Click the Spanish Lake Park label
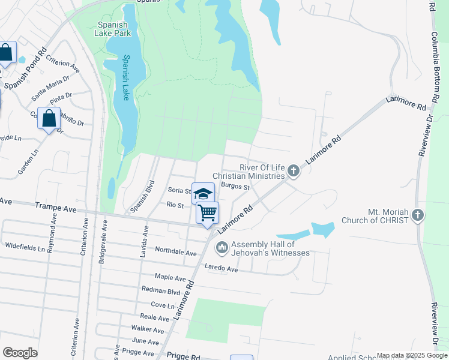click(113, 29)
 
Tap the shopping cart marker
click(207, 213)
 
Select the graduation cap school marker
click(203, 193)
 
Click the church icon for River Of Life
click(293, 172)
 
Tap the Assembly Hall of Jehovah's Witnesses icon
click(221, 247)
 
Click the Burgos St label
click(235, 187)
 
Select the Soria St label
click(179, 191)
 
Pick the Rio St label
click(175, 205)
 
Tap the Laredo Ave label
click(221, 269)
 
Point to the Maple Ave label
click(170, 277)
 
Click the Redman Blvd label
click(161, 290)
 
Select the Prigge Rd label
click(184, 356)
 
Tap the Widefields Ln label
click(25, 247)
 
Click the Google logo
click(20, 353)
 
